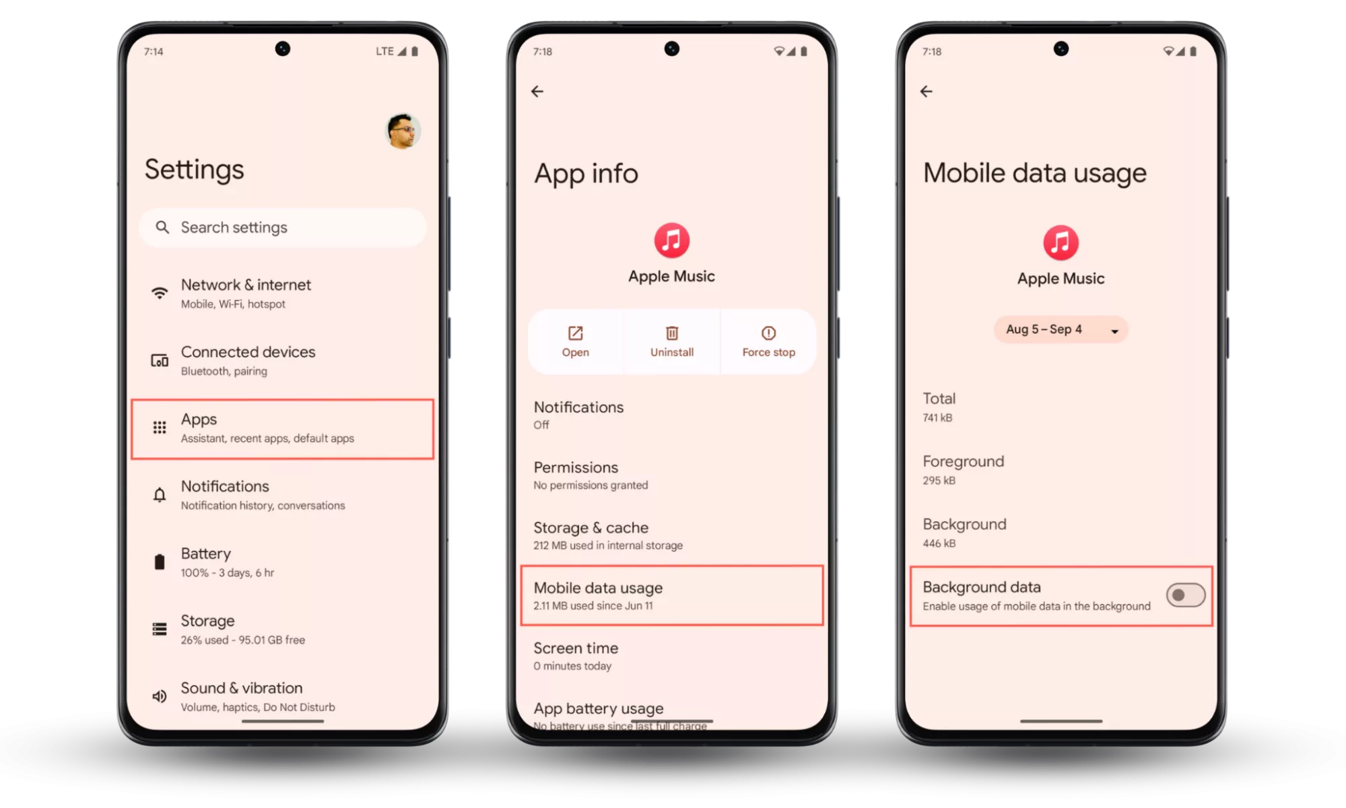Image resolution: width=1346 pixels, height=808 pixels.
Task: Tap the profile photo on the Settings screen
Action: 403,131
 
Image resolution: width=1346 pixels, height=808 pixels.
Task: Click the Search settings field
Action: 283,228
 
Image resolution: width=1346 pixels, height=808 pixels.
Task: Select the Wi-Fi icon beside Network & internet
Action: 160,293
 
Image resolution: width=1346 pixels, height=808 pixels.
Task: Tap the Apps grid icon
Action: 160,428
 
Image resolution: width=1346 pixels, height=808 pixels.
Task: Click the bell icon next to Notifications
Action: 160,495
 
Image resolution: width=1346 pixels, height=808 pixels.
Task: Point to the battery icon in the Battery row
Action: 160,562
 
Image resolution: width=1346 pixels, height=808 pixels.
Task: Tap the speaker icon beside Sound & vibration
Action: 160,696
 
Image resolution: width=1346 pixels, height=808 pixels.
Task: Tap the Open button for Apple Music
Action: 576,341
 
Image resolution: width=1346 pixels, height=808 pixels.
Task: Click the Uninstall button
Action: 672,341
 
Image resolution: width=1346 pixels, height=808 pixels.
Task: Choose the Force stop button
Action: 768,341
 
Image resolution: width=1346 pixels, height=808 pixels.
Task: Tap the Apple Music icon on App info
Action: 672,240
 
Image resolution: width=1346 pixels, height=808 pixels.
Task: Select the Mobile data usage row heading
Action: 598,588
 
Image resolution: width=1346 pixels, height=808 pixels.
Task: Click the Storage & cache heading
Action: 591,528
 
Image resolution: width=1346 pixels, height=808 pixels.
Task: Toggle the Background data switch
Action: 1186,595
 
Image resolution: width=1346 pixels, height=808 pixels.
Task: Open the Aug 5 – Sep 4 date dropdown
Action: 1061,330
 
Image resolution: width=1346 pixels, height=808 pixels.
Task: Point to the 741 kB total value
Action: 937,418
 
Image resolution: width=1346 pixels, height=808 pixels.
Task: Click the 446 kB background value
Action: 939,543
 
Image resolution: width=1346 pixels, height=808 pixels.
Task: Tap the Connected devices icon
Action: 160,361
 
